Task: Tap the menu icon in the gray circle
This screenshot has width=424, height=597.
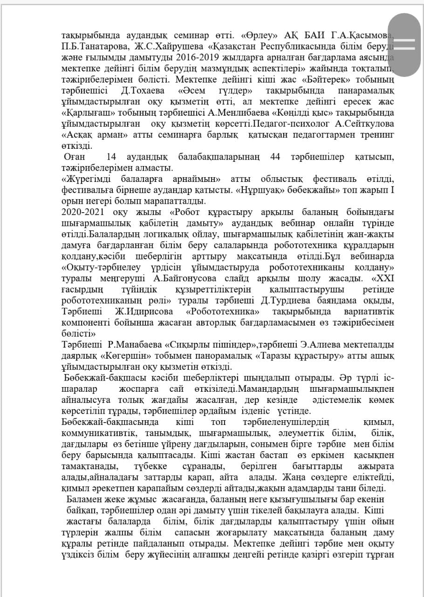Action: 404,44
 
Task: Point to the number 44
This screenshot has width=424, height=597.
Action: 275,157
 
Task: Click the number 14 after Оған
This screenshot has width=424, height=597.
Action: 112,157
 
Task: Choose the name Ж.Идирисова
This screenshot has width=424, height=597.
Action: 144,312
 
